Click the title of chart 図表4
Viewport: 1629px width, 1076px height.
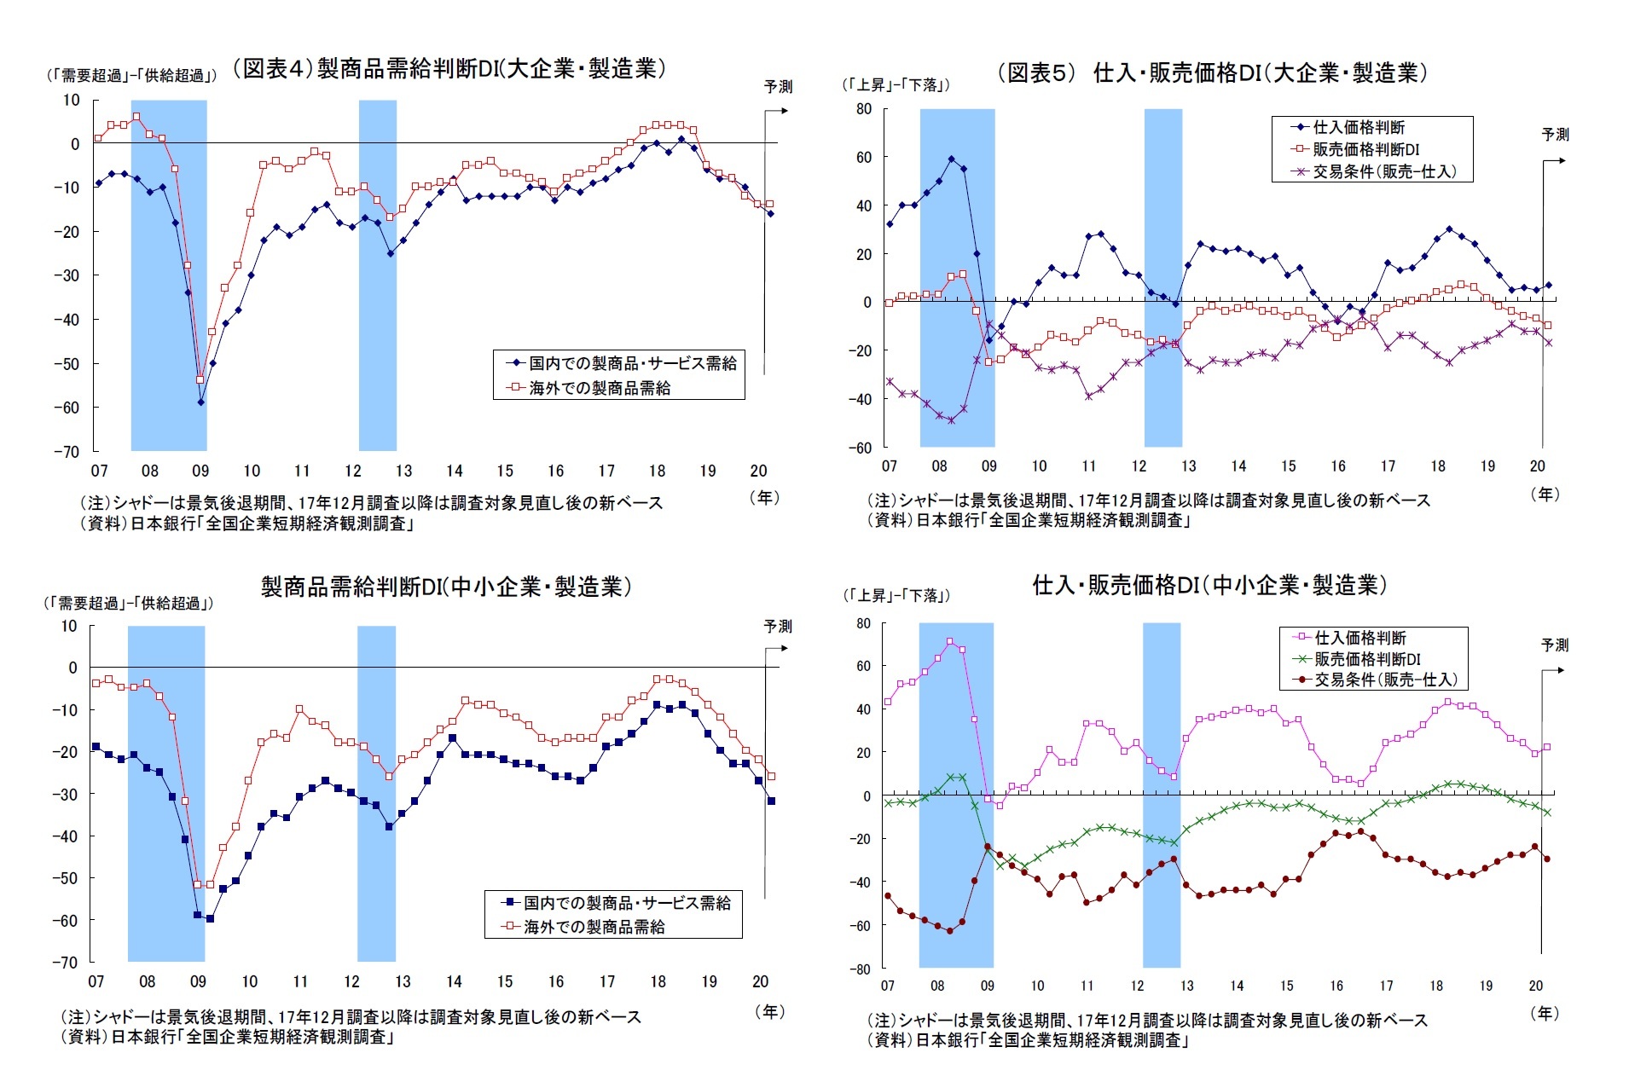449,68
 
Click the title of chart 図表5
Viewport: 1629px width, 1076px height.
1212,72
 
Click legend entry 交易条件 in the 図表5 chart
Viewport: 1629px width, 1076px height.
1383,171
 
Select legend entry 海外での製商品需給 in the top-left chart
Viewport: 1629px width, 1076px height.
599,388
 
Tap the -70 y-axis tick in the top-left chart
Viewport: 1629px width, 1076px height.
67,451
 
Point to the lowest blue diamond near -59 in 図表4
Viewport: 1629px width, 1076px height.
200,402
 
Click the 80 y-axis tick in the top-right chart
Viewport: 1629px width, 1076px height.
864,109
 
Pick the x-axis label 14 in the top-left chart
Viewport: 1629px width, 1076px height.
455,471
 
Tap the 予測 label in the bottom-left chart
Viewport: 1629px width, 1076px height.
777,626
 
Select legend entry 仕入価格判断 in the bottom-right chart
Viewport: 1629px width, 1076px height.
1359,638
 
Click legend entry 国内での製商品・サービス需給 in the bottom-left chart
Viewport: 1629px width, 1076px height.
626,902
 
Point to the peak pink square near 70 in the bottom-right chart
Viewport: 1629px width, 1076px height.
950,641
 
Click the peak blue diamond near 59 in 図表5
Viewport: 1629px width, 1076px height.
952,159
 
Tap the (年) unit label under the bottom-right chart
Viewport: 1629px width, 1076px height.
1544,1013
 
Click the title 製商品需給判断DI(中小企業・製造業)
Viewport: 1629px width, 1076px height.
446,587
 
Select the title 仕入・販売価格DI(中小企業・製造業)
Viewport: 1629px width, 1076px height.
1209,585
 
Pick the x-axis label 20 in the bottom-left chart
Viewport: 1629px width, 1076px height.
760,981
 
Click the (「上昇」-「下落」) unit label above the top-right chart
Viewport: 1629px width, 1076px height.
896,84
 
